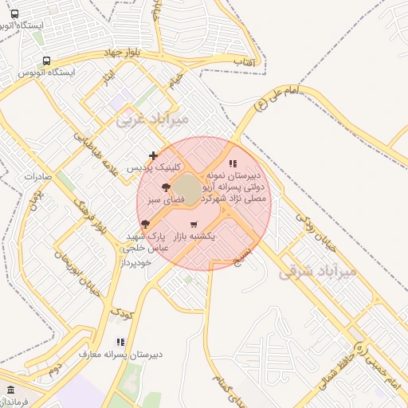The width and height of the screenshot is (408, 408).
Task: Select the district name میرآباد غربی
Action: (152, 120)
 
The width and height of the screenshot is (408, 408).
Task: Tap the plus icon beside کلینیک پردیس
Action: (153, 155)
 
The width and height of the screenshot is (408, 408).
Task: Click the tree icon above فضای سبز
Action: (165, 186)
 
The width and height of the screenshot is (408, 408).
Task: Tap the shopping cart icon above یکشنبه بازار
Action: (194, 224)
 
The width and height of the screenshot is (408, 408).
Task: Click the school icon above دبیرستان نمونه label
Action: (232, 163)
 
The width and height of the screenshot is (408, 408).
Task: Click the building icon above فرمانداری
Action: (10, 390)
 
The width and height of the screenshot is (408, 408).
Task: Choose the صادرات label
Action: (37, 175)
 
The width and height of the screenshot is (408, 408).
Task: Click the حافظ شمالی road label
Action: (343, 368)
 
